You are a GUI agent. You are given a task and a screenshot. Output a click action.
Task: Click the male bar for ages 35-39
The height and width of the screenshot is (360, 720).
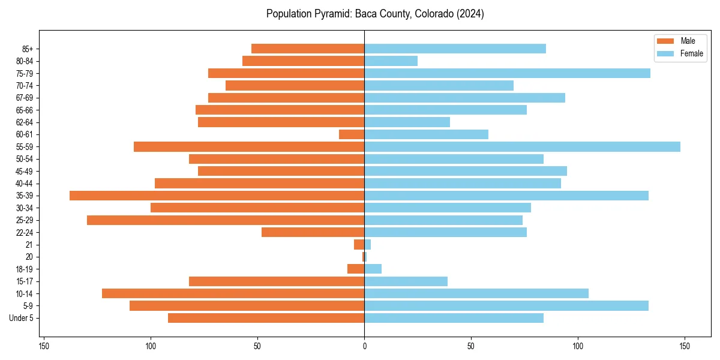[x=217, y=196]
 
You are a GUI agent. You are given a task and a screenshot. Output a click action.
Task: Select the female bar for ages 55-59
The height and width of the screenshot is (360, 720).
[x=522, y=146]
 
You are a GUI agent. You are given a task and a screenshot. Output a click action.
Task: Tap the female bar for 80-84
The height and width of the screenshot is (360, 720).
[x=391, y=61]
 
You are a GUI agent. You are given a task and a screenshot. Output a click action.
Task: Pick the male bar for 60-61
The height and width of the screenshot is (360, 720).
[x=352, y=134]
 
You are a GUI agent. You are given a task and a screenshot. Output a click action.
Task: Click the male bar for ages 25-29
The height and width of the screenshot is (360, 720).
[x=226, y=220]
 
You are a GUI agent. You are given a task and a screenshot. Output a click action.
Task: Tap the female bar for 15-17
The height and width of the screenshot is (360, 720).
[x=406, y=281]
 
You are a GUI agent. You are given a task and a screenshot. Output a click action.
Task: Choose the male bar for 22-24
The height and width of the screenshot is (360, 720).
[x=313, y=232]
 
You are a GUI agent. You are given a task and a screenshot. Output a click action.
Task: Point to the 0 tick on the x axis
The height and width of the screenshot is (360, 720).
[x=364, y=346]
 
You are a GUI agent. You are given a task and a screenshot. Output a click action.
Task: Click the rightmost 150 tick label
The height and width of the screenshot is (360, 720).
[x=685, y=346]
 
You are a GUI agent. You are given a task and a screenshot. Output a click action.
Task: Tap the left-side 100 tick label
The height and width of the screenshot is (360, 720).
[x=151, y=346]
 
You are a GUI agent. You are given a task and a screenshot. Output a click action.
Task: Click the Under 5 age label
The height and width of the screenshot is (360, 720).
[x=21, y=318]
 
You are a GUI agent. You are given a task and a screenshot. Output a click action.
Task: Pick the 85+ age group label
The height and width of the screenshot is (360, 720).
[x=28, y=49]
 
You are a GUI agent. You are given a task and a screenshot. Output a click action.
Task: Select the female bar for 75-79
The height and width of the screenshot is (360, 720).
[x=507, y=73]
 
